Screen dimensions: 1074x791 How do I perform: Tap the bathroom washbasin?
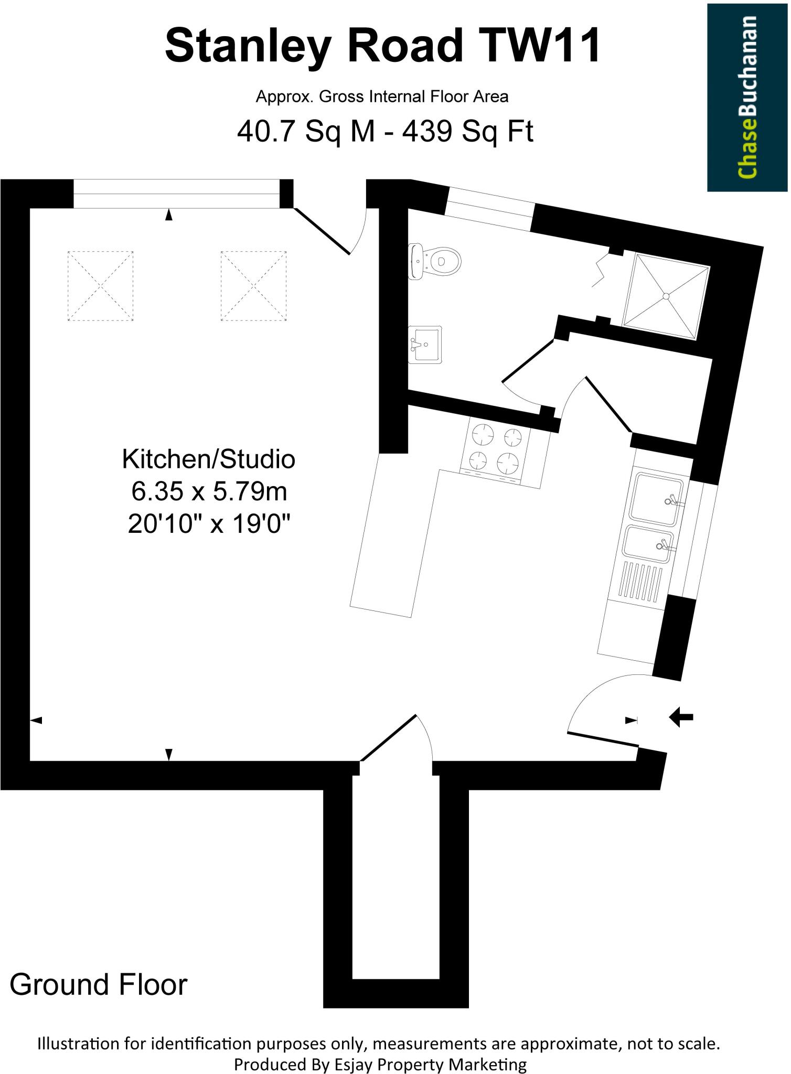point(425,344)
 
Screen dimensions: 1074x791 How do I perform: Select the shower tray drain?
point(666,296)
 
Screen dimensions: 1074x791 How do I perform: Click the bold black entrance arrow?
point(681,717)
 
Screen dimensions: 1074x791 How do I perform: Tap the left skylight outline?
point(100,286)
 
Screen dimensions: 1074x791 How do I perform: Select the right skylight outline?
point(254,286)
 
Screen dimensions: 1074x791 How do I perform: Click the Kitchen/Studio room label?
point(208,459)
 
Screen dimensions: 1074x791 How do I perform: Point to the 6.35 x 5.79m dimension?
point(208,492)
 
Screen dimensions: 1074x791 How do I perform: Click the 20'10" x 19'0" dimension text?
point(208,524)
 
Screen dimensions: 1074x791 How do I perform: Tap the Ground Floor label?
point(98,984)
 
